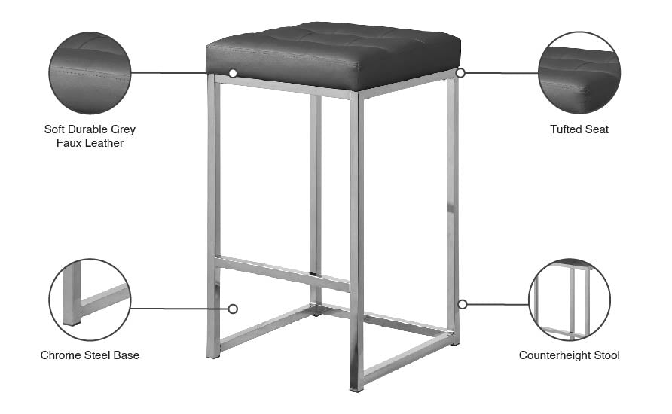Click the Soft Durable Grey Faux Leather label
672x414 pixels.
click(x=90, y=135)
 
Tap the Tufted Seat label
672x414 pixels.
click(x=579, y=129)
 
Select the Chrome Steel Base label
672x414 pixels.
click(x=90, y=355)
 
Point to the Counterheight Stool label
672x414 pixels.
click(x=569, y=355)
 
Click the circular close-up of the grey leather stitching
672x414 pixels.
click(x=90, y=73)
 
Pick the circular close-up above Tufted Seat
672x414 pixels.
click(x=579, y=73)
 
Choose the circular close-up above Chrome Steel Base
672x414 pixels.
click(x=90, y=300)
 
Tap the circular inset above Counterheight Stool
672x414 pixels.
click(x=569, y=300)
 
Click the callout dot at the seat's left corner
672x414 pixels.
click(x=233, y=73)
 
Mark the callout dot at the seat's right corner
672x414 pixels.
click(x=460, y=73)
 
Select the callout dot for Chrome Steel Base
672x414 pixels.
click(x=233, y=309)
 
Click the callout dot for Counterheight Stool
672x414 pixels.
click(x=463, y=304)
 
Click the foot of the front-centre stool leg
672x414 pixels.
click(x=356, y=387)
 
